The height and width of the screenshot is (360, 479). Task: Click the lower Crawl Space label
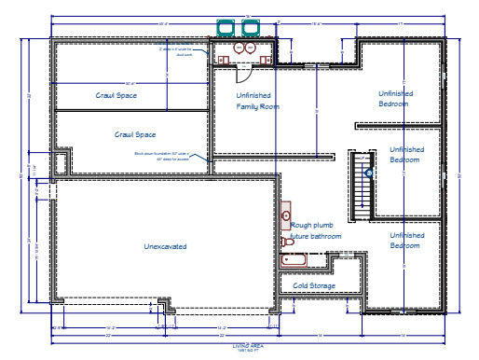click(x=135, y=134)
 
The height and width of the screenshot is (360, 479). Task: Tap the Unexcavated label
click(x=165, y=246)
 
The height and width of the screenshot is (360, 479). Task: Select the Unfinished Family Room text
click(x=258, y=101)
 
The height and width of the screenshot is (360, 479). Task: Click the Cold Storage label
click(x=314, y=285)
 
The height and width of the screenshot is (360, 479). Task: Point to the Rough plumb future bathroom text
click(x=317, y=230)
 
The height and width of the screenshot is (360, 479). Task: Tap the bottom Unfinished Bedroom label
click(x=406, y=241)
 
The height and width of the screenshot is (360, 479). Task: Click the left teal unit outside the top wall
click(x=226, y=27)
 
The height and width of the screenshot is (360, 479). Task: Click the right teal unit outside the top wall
click(x=249, y=27)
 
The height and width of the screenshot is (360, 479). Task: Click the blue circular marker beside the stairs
click(x=369, y=173)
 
